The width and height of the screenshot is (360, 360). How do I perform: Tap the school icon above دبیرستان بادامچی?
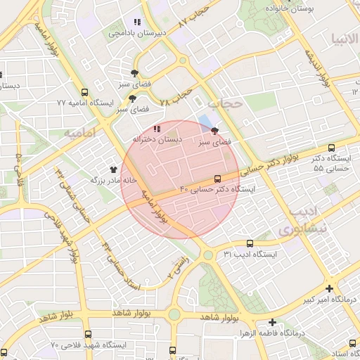point(137,22)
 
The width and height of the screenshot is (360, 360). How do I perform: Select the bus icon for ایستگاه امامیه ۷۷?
point(85,93)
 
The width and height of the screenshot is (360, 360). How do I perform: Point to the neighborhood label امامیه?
point(79,132)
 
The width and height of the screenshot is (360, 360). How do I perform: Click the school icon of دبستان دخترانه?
point(156,129)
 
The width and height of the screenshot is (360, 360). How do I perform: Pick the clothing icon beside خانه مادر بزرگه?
point(114,169)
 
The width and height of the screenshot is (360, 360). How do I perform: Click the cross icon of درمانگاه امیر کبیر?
point(330,288)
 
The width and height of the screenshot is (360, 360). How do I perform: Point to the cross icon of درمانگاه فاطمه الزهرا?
point(271,322)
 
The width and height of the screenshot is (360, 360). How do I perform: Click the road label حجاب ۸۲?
point(195,17)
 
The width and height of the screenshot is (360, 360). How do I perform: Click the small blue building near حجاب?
point(204,122)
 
